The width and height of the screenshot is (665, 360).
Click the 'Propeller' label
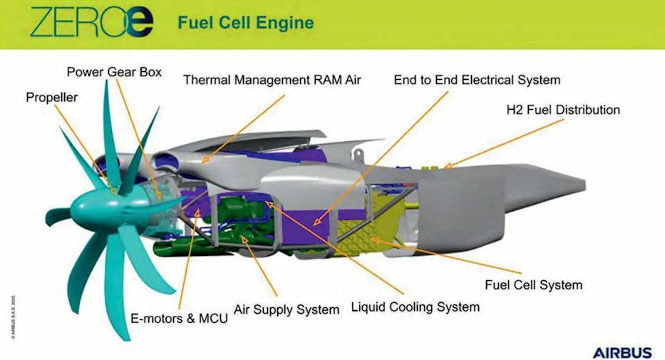51,97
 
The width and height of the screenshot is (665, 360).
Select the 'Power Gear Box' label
115,72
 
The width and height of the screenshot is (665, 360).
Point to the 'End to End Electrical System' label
477,80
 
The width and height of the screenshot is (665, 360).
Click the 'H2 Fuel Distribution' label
562,110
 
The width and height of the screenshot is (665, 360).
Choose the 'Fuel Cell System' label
533,285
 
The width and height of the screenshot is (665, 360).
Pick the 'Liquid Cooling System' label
415,307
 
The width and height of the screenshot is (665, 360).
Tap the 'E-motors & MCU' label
180,319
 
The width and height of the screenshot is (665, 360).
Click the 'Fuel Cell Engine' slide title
245,23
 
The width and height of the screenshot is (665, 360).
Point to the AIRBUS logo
622,352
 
